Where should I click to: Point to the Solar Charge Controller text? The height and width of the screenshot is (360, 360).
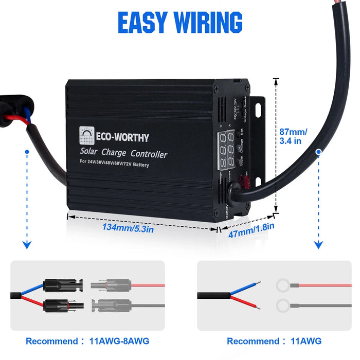coord(123,153)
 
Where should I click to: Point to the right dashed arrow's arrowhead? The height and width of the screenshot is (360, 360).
coord(319,244)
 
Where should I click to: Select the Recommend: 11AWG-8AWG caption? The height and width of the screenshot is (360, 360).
coord(88,341)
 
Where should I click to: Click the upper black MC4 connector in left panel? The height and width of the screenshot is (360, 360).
coord(61,284)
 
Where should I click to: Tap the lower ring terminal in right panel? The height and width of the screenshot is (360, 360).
coord(283,307)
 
